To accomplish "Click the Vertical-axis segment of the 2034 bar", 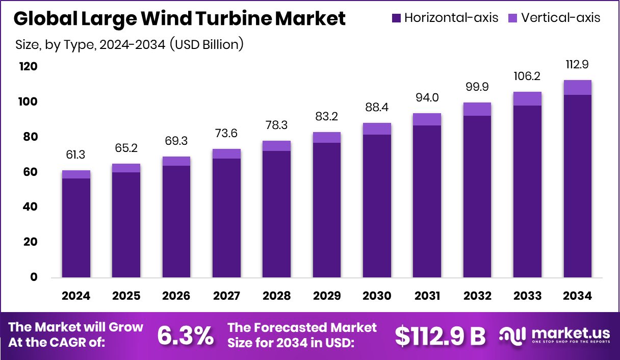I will click(x=577, y=87).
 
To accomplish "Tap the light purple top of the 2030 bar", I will click(x=377, y=128).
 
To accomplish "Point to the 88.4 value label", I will click(x=377, y=108).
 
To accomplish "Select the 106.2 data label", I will click(x=527, y=76).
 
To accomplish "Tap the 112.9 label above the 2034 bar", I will click(x=577, y=65).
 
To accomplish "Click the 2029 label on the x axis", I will click(x=327, y=296).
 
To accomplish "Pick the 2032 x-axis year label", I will click(x=477, y=296).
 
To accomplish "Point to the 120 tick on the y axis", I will click(x=28, y=67).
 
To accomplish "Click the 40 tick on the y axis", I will click(x=30, y=207).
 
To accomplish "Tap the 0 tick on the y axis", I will click(x=34, y=277).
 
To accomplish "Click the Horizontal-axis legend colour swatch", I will click(x=397, y=18).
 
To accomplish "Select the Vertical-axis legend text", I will click(x=561, y=18).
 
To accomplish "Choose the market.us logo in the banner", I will click(x=555, y=335).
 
